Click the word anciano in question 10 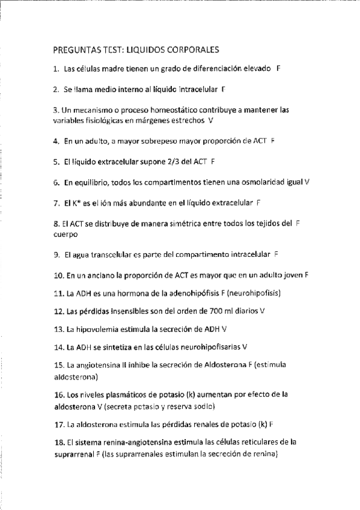click(99, 275)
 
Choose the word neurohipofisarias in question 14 click(209, 347)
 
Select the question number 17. click(58, 423)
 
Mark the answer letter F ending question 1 click(279, 69)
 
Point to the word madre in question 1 click(110, 69)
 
